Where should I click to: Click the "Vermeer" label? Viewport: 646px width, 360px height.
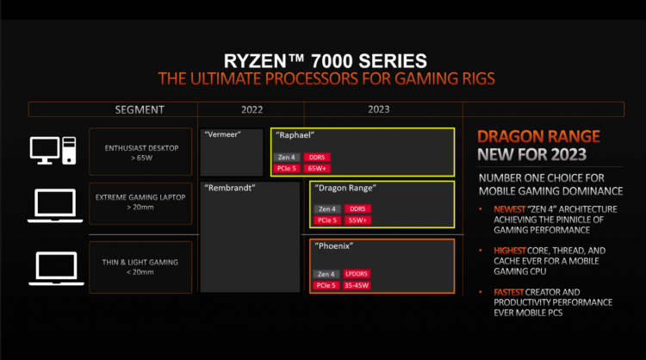coord(221,135)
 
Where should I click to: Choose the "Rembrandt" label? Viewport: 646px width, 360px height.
coord(229,187)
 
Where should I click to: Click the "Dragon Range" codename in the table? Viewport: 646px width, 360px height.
coord(346,188)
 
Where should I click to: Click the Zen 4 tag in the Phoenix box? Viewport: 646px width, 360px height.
coord(326,274)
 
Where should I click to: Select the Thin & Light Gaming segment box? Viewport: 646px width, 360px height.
coord(137,266)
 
